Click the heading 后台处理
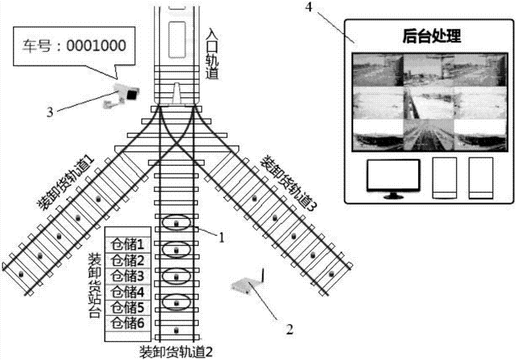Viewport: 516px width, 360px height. coord(431,36)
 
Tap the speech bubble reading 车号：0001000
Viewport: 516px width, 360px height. coord(74,46)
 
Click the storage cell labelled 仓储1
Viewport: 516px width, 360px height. coord(127,244)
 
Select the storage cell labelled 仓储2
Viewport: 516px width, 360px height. coord(127,260)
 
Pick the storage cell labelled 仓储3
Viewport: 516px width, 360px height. coord(127,276)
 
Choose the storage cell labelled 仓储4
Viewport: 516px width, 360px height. coord(127,292)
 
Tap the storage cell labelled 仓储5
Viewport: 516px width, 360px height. coord(127,308)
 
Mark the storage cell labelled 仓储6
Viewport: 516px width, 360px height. coord(127,323)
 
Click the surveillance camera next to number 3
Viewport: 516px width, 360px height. coord(121,95)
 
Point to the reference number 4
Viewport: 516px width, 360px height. coord(309,7)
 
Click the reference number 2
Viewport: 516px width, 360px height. coord(289,329)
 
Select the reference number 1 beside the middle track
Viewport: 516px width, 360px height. coord(222,237)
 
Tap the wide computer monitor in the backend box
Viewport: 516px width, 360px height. coord(394,178)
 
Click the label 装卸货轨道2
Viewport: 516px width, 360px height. coord(176,352)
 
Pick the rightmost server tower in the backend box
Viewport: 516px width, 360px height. coord(481,178)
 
